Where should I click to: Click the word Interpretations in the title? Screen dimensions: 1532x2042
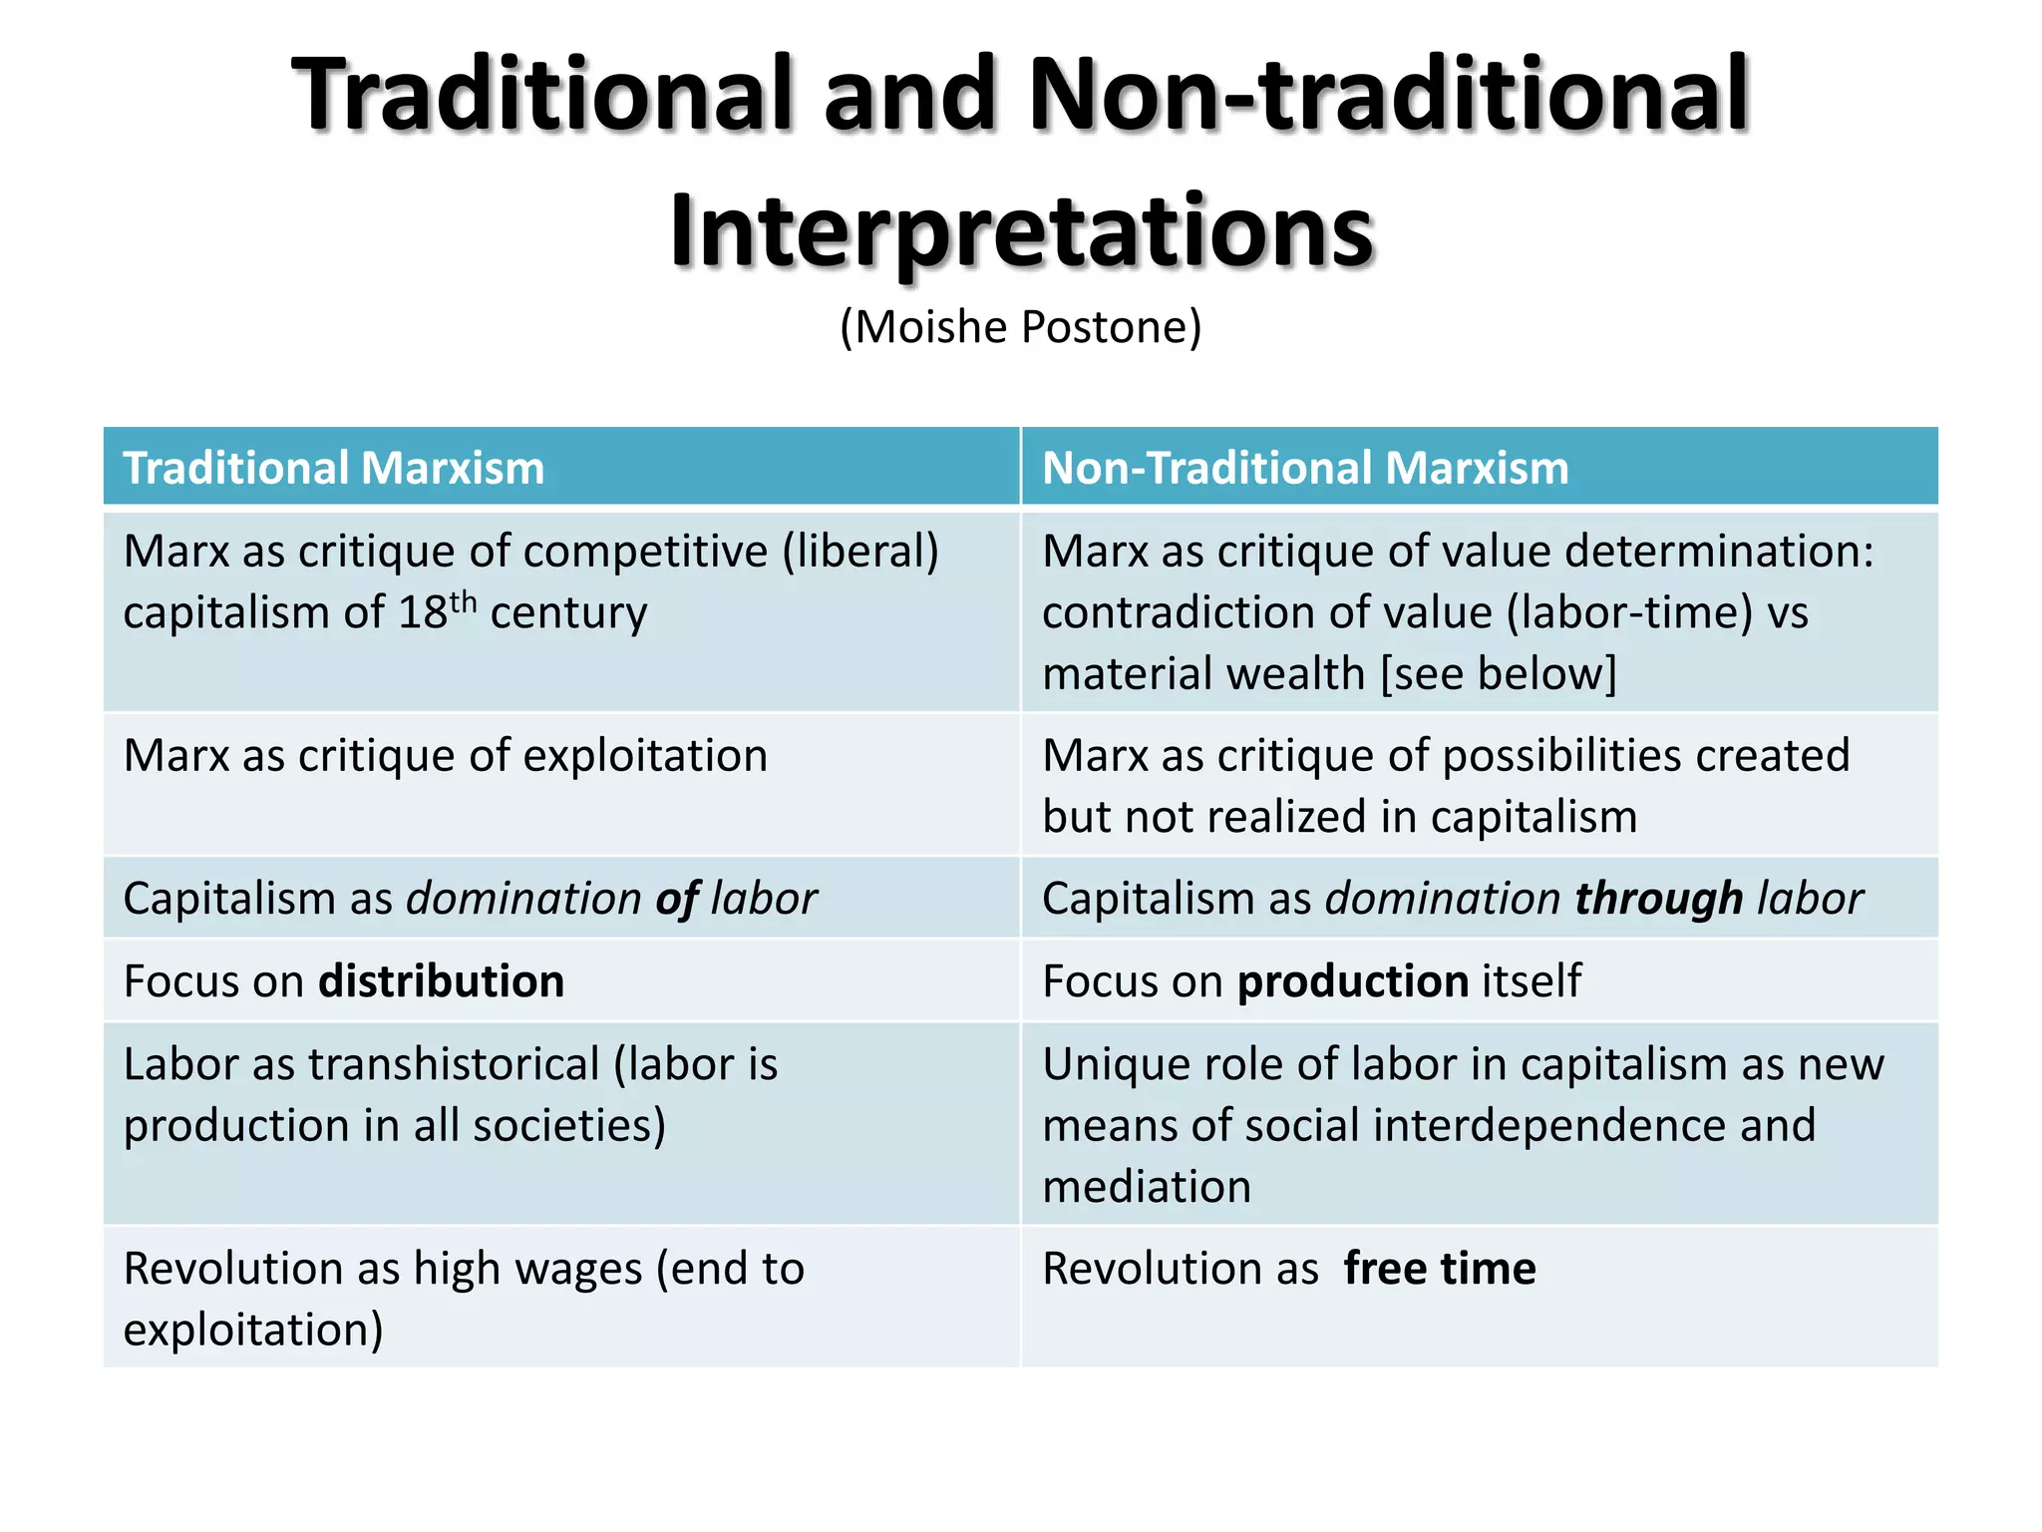[1021, 231]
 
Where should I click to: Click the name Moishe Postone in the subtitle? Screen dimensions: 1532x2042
[1021, 327]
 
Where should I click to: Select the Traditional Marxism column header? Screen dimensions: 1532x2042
[333, 468]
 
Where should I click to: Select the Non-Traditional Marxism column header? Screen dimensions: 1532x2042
[1305, 468]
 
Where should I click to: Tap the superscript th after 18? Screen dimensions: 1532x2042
[463, 601]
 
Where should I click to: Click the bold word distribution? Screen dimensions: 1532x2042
[441, 981]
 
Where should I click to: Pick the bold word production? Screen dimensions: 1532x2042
[1352, 981]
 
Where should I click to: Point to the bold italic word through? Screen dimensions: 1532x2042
[1658, 899]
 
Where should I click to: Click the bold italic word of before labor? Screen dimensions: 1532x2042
[677, 899]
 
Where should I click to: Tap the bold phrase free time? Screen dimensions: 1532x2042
[1439, 1269]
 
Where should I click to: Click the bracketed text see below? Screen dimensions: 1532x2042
[1498, 674]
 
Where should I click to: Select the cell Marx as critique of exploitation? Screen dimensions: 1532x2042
[445, 756]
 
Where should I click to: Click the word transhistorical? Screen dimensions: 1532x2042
[454, 1064]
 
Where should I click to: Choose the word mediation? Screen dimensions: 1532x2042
[1146, 1187]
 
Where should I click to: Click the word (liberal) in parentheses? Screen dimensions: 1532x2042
[859, 552]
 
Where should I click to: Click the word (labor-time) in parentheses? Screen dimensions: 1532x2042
[1629, 612]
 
